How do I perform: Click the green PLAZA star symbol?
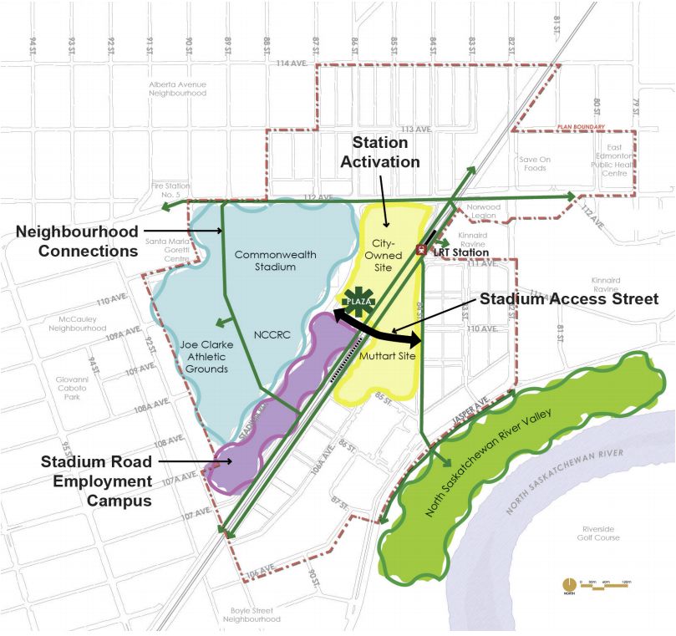coord(359,301)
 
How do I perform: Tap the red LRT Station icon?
coord(422,248)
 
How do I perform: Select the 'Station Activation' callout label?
coord(385,152)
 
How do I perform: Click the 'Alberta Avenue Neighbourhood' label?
coord(177,89)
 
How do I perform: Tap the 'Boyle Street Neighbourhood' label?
coord(254,615)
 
